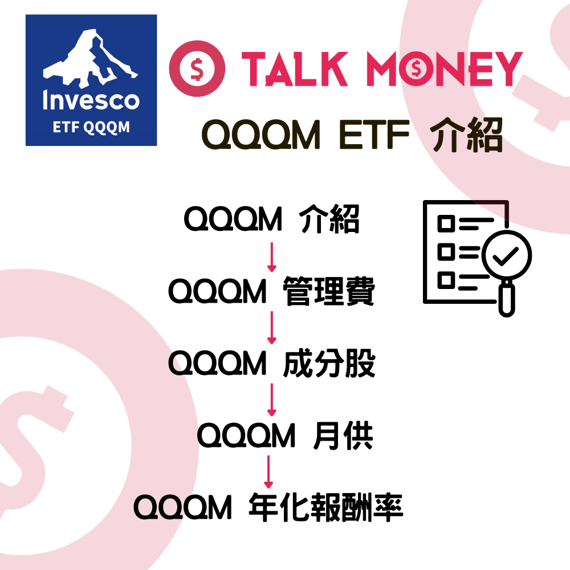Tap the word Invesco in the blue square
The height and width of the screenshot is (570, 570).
[x=91, y=100]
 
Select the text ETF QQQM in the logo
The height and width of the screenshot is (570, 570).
[x=91, y=127]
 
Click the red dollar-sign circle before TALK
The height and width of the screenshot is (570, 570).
[x=197, y=68]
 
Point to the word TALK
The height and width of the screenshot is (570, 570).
[x=295, y=69]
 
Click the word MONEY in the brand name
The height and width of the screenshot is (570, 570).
[x=444, y=69]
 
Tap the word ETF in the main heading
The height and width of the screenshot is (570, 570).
[x=374, y=135]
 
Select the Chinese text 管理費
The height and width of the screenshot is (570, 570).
[x=329, y=291]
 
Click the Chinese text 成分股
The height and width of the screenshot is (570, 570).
[x=329, y=363]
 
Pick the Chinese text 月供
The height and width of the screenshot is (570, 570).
[x=343, y=435]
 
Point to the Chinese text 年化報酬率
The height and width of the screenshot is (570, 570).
[x=326, y=507]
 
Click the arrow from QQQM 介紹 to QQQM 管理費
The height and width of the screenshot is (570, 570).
[x=271, y=257]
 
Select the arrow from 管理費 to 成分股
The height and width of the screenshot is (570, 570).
[x=271, y=328]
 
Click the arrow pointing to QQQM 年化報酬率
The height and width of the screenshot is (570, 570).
[x=268, y=472]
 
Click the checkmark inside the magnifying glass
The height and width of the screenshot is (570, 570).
[x=505, y=256]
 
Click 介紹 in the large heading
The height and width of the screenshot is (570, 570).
[x=467, y=135]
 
